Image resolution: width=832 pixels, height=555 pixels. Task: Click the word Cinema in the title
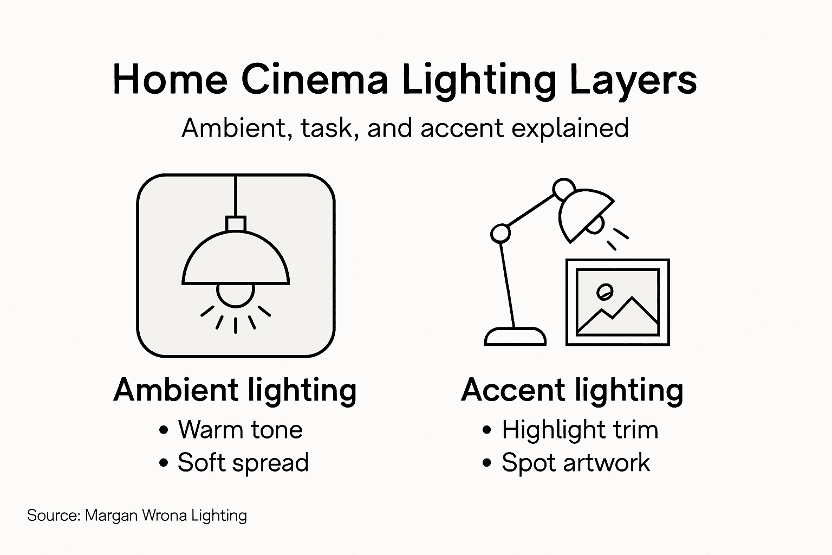(315, 80)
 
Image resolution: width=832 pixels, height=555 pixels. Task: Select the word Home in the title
(170, 80)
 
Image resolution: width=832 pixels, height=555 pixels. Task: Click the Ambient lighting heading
(235, 390)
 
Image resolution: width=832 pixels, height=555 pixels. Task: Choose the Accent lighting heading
(572, 390)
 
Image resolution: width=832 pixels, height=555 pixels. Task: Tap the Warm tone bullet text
(240, 430)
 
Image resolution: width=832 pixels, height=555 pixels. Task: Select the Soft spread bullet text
(243, 463)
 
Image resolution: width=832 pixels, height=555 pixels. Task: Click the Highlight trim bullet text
(580, 430)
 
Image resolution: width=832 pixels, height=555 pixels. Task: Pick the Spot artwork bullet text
(575, 463)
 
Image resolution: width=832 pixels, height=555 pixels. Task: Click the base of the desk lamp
(515, 337)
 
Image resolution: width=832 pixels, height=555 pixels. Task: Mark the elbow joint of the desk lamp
(500, 234)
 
